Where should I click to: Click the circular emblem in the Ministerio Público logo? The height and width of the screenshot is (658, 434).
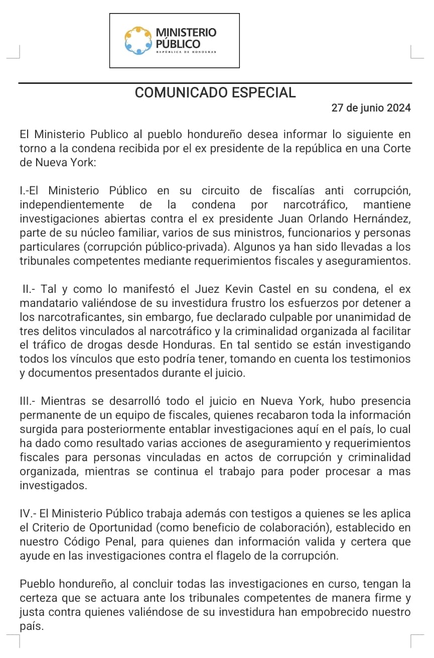click(x=138, y=41)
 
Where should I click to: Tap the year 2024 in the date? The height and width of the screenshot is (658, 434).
click(x=399, y=108)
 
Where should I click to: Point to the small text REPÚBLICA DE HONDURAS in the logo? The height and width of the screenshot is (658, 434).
click(x=186, y=52)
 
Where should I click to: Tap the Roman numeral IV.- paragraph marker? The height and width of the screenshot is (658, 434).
click(x=29, y=513)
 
